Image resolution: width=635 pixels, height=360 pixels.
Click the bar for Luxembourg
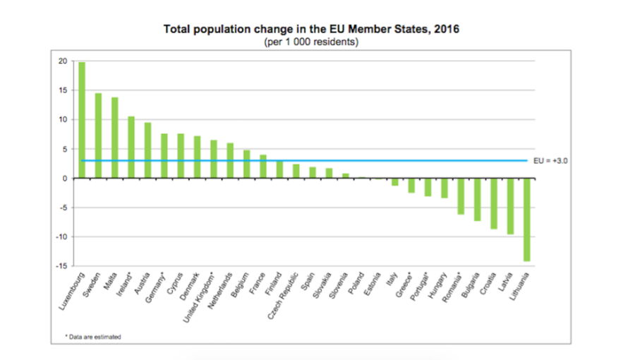(x=82, y=120)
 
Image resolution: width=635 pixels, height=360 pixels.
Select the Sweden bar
(x=98, y=136)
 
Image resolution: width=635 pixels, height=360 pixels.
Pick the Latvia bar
(x=509, y=206)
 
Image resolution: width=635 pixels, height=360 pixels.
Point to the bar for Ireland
(x=131, y=147)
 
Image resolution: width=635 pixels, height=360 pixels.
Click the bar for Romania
(x=460, y=196)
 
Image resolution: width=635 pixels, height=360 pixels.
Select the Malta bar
(x=114, y=138)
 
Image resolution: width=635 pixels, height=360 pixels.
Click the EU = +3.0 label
(x=551, y=161)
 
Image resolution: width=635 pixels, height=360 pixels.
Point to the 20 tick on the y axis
(x=63, y=61)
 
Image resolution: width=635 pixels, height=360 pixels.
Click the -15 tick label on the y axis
(x=62, y=266)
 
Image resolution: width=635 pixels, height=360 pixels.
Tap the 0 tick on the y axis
(x=65, y=179)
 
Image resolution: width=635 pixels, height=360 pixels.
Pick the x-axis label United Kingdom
(x=201, y=296)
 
